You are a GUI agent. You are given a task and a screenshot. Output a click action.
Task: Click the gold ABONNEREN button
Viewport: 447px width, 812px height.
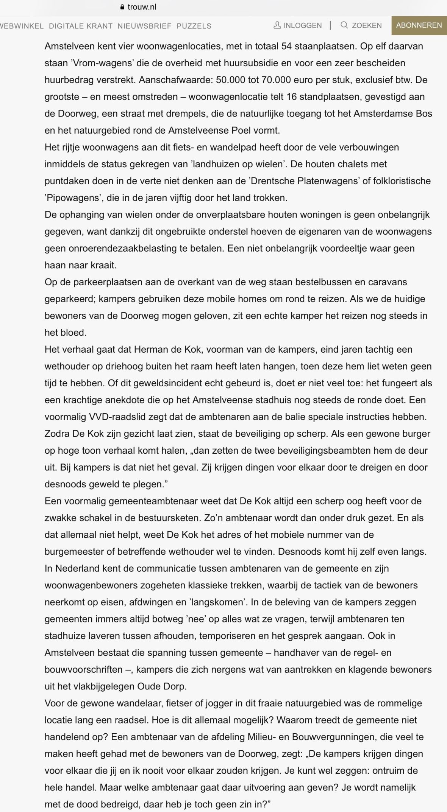(x=419, y=25)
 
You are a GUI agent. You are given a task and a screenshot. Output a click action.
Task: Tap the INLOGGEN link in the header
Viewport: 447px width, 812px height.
(x=302, y=25)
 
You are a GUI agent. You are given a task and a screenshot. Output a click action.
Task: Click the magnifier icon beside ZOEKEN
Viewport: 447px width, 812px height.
(x=344, y=25)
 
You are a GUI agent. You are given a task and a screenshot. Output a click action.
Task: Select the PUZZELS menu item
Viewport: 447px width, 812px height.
(x=194, y=26)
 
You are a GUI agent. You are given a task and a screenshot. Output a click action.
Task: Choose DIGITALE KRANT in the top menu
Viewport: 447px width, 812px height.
(x=81, y=26)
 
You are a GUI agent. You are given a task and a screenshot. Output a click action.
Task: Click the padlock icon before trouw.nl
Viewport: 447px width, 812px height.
(x=122, y=7)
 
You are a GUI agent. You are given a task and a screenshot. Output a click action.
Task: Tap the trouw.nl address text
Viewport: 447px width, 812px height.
(x=142, y=7)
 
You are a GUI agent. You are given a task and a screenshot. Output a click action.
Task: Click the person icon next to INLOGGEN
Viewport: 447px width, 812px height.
(x=277, y=25)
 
